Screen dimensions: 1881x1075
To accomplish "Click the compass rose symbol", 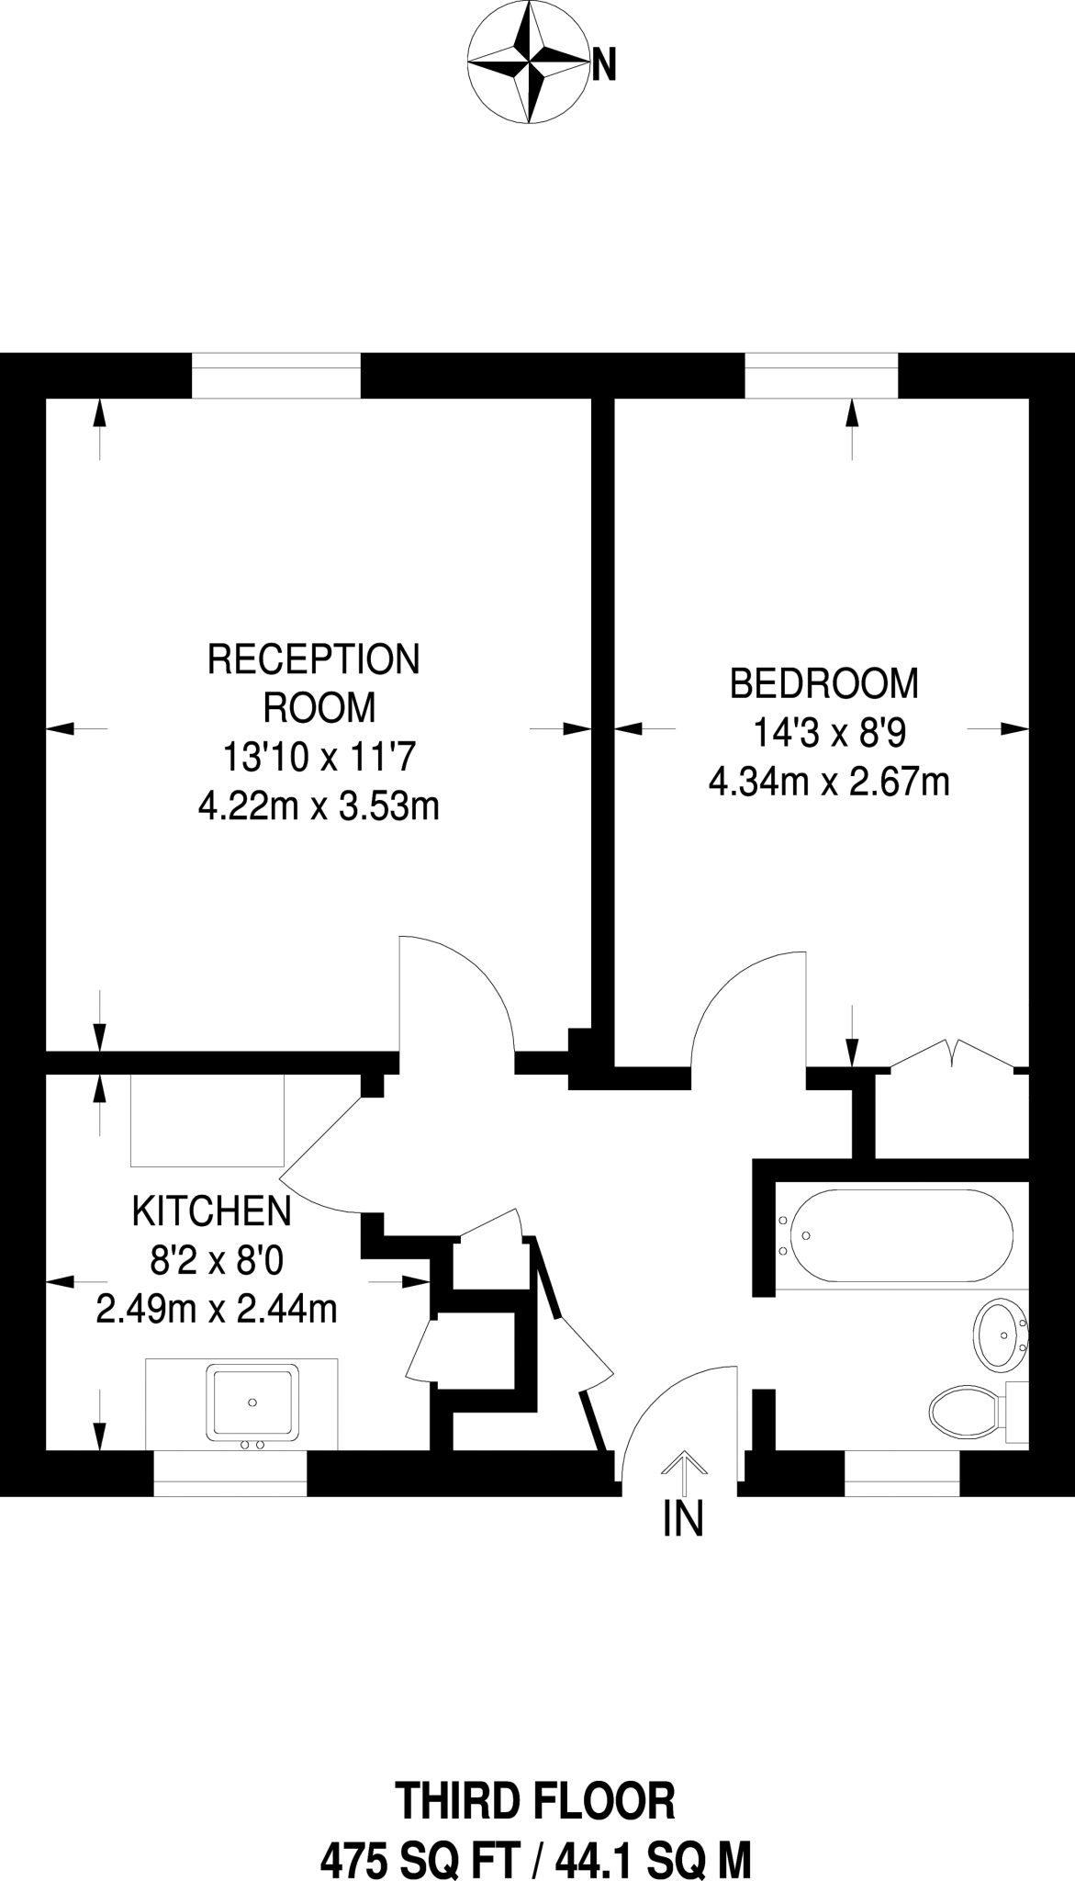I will point(528,62).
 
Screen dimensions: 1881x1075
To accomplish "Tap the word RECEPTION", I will point(314,659).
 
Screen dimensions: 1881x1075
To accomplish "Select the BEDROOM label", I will point(823,684).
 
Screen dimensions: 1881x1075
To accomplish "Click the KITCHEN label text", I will point(212,1211).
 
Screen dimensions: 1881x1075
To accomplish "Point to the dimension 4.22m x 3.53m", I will point(319,806).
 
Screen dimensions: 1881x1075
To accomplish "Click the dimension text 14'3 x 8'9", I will point(829,734).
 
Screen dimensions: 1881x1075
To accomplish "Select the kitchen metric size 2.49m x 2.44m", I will point(217,1308).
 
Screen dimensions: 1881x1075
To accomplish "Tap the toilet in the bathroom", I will point(964,1410).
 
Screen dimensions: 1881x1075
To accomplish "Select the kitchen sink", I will point(252,1402).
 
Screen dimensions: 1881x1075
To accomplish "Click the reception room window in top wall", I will point(275,377).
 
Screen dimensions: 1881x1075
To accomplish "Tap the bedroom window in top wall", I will point(821,377).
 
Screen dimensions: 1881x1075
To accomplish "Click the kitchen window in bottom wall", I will point(230,1473).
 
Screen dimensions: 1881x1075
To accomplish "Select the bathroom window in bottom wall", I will point(901,1473).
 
